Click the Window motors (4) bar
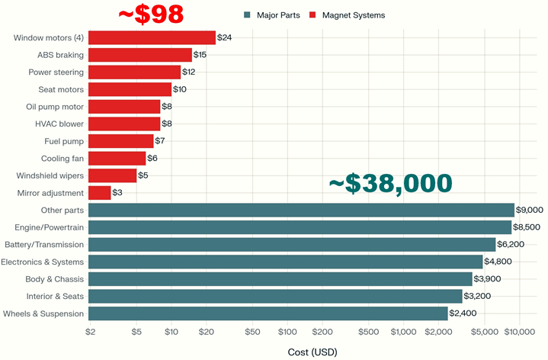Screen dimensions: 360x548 click(152, 38)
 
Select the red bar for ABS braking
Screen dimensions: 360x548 click(140, 55)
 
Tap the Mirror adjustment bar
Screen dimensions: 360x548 click(100, 193)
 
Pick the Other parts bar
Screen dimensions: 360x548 click(301, 210)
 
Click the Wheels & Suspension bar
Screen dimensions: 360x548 click(268, 313)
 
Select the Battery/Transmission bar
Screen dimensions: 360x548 click(292, 245)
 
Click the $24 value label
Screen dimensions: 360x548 click(224, 37)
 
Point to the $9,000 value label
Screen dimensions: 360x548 click(530, 210)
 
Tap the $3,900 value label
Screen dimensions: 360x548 click(488, 279)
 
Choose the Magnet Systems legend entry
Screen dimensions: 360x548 click(351, 15)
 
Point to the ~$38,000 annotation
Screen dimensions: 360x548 click(390, 184)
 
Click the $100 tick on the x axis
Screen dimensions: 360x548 click(287, 332)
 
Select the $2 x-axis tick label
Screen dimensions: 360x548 click(90, 332)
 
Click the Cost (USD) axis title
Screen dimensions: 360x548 click(312, 352)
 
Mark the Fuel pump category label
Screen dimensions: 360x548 click(64, 141)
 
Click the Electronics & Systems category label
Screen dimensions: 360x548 click(44, 262)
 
